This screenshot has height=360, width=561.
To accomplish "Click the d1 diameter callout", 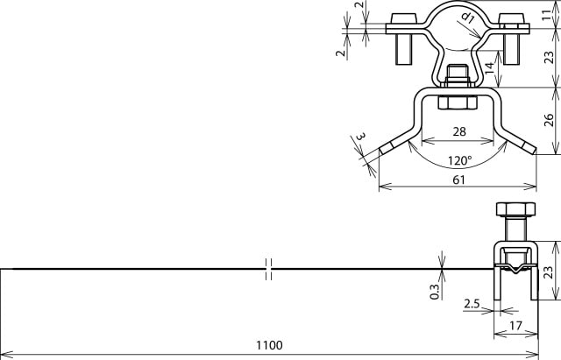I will [468, 18].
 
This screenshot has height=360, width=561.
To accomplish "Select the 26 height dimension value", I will [548, 119].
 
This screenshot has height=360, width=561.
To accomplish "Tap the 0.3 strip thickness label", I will [436, 292].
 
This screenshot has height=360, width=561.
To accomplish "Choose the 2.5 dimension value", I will [472, 305].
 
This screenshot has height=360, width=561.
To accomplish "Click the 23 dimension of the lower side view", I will [548, 272].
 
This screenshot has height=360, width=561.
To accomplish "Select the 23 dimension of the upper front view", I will [548, 58].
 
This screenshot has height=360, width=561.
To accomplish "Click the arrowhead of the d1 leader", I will [479, 34].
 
